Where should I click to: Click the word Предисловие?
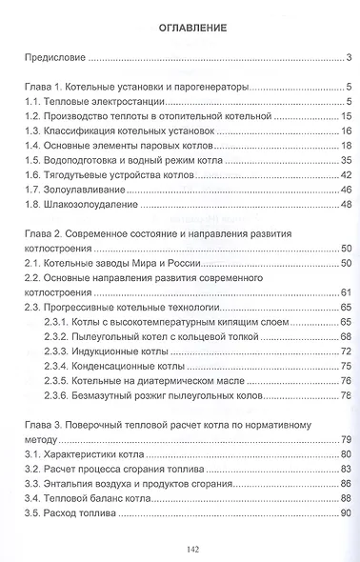(x=52, y=58)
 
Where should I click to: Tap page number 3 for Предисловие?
(x=350, y=58)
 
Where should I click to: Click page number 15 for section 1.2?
(x=347, y=115)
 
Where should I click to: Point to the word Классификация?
(x=81, y=130)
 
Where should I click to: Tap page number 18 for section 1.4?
(x=347, y=145)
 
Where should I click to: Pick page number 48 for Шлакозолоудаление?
(x=347, y=203)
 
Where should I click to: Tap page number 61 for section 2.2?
(x=347, y=291)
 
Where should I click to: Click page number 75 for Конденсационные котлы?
(x=347, y=366)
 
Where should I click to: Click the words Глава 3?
(x=41, y=423)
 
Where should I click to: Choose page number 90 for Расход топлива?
(x=347, y=512)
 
